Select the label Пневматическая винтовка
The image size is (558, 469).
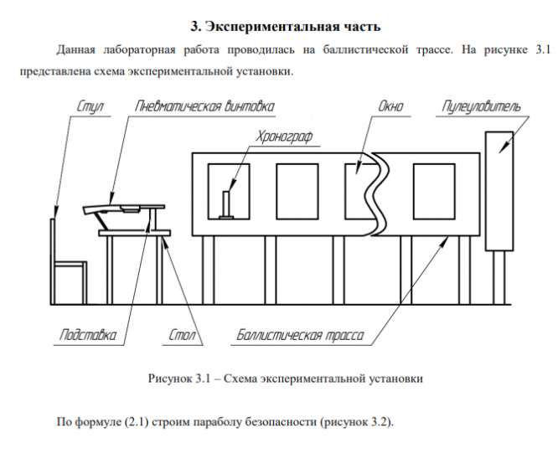click(205, 107)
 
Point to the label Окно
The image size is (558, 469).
click(390, 107)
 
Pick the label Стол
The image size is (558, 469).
click(181, 336)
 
